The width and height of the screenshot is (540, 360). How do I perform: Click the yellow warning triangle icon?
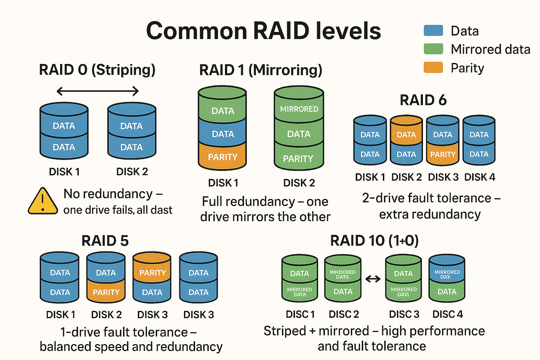[43, 201]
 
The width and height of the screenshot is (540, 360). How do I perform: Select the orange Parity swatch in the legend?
[433, 67]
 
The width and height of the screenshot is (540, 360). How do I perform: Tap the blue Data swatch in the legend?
[433, 31]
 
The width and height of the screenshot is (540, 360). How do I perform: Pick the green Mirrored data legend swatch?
[433, 49]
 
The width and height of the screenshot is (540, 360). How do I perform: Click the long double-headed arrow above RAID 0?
[97, 91]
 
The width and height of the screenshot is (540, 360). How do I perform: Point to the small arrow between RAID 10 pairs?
[373, 279]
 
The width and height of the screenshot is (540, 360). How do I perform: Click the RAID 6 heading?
[423, 100]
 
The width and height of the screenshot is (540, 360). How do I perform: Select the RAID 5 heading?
[105, 241]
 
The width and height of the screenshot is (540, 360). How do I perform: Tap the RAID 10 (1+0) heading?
[374, 241]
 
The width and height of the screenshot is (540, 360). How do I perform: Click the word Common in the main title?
[197, 31]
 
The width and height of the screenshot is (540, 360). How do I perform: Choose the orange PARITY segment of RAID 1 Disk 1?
[223, 157]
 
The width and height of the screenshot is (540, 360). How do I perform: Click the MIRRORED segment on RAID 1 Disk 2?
[299, 109]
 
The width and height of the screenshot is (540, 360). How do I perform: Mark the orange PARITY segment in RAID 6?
[443, 154]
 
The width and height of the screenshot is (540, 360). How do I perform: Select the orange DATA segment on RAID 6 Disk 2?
[406, 134]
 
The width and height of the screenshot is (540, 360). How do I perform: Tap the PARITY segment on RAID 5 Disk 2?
[106, 292]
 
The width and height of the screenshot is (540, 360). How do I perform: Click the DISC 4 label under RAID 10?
[448, 314]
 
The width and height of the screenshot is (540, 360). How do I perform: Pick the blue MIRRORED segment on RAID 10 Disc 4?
[447, 274]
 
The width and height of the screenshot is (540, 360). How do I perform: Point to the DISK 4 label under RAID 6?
[480, 177]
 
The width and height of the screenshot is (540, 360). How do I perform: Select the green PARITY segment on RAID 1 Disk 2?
[298, 159]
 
